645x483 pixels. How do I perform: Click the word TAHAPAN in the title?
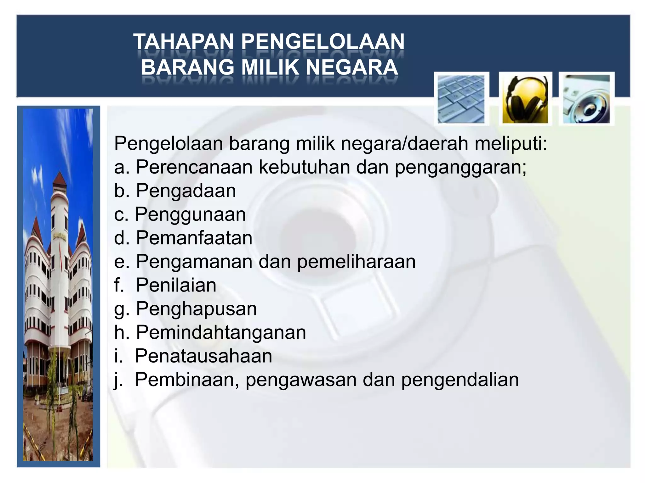point(184,42)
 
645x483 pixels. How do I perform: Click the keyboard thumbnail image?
point(461,99)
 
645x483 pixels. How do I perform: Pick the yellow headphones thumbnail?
point(525,99)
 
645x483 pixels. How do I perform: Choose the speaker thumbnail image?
point(586,99)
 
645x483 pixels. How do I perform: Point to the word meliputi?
point(511,144)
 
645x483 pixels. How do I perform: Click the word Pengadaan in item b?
point(186,191)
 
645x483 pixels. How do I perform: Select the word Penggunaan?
point(190,215)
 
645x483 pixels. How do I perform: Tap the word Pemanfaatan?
point(194,238)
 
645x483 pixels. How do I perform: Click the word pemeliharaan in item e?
point(356,262)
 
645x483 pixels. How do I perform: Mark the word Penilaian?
point(176,285)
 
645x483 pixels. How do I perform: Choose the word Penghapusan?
point(196,309)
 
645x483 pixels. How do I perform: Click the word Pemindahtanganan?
point(221,332)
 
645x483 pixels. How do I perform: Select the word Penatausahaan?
point(203,356)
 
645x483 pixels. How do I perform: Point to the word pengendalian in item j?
point(460,380)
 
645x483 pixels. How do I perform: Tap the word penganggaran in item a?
point(460,167)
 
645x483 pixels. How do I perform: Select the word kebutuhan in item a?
point(304,167)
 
